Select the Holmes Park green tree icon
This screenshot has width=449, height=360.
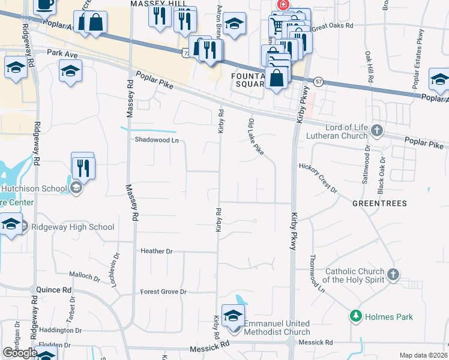[x=356, y=316]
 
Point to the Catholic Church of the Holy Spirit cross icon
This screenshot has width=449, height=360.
[x=393, y=275]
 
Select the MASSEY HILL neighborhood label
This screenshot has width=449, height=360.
[x=155, y=4]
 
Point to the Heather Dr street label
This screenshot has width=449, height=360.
[x=156, y=251]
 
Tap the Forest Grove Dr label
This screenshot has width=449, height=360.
[x=163, y=292]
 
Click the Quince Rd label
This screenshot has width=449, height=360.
[x=53, y=289]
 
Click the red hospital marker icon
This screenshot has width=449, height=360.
[x=282, y=5]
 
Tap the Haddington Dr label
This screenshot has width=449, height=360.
[x=60, y=330]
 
